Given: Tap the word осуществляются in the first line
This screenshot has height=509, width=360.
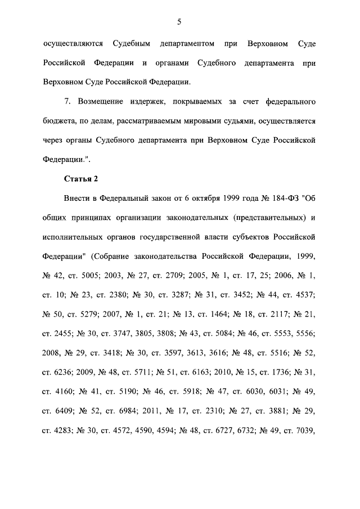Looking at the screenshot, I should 70,43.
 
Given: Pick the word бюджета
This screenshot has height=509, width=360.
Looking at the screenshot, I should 59,121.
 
